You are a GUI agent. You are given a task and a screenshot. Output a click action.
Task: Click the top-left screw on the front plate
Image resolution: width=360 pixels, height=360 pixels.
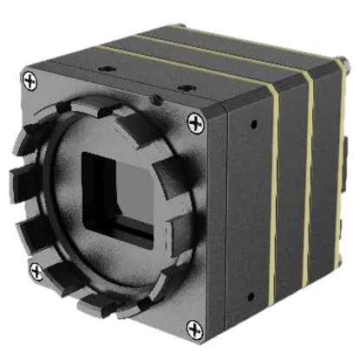point(31,82)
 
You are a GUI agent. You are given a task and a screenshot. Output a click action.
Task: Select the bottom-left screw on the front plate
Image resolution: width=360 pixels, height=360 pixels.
point(36,272)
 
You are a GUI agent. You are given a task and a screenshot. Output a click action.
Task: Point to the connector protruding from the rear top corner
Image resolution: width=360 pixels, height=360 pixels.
point(345,63)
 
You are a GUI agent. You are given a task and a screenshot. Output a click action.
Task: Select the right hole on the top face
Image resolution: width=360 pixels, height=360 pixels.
point(184,87)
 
